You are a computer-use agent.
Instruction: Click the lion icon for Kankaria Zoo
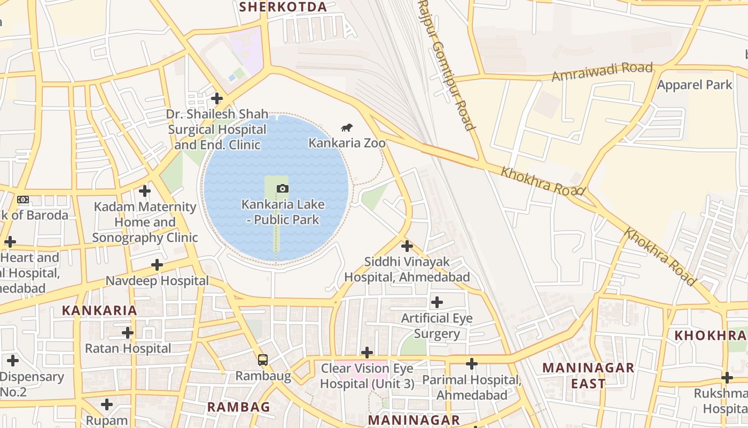(347, 127)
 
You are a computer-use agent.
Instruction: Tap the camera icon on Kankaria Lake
(283, 188)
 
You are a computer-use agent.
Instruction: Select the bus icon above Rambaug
(262, 360)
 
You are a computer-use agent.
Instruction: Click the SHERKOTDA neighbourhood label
(283, 7)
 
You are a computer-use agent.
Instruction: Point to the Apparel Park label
(695, 85)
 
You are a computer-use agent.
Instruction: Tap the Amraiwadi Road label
(602, 72)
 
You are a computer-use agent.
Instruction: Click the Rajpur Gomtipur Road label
(446, 64)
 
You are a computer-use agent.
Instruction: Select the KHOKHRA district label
(710, 335)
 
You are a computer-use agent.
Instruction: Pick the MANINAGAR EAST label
(588, 376)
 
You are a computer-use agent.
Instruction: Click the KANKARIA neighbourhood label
(99, 310)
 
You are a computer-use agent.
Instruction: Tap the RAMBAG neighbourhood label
(238, 407)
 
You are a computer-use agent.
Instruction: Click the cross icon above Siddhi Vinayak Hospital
(407, 246)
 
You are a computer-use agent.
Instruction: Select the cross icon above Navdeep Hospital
(157, 265)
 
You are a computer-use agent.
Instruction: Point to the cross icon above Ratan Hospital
(127, 333)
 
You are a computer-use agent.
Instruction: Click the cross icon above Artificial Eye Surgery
(437, 302)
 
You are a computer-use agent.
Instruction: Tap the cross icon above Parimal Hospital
(471, 364)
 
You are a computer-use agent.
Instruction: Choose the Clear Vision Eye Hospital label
(367, 376)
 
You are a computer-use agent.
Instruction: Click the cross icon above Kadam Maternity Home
(144, 190)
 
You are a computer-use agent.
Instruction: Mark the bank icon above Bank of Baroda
(23, 200)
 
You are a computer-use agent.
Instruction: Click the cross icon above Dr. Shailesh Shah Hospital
(216, 98)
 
